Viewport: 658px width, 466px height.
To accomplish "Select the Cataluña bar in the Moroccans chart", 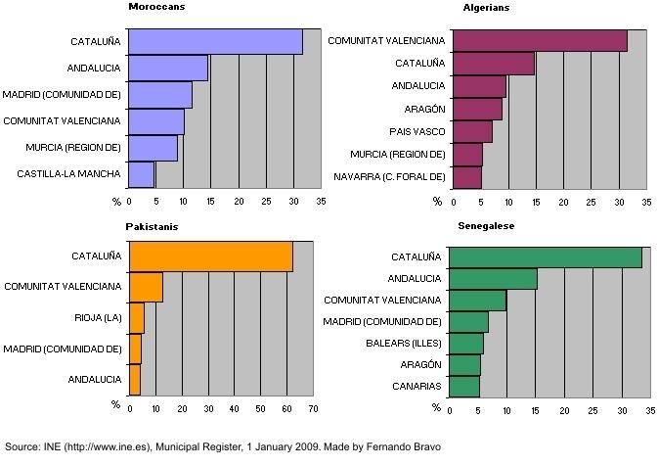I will [215, 42].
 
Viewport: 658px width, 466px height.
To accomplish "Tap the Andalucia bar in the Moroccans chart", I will [168, 69].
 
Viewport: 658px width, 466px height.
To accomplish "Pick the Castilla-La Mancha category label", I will [68, 174].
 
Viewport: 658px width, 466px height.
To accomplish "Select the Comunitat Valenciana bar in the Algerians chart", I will [539, 41].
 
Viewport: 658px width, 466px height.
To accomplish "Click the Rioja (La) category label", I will [98, 317].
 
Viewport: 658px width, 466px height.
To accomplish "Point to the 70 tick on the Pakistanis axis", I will [313, 408].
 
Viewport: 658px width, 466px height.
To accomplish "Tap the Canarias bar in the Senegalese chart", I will [465, 387].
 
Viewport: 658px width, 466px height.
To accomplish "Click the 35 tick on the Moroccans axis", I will [321, 202].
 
